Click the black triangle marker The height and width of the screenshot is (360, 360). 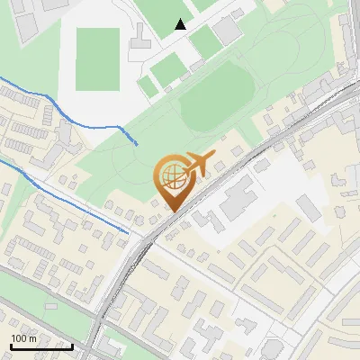[181, 24]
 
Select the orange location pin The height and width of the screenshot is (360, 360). [173, 181]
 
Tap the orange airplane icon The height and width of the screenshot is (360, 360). [201, 163]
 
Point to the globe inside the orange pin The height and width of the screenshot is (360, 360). [173, 174]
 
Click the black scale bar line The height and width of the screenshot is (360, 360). [40, 346]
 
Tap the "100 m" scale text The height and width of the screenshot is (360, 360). [23, 337]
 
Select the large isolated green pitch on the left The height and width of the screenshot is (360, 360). [97, 59]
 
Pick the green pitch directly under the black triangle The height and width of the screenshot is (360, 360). [167, 67]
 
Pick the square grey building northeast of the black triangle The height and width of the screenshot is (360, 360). [227, 29]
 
